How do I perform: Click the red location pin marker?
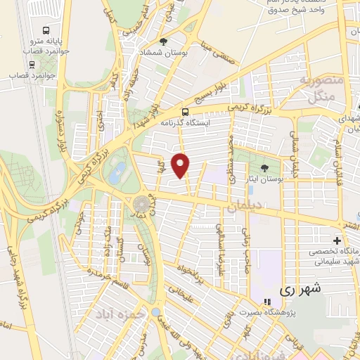point(181,165)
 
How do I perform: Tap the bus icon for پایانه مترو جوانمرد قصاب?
point(46,31)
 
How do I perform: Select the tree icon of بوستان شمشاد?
point(164,41)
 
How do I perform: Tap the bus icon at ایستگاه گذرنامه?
point(185,111)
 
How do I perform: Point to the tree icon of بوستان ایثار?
point(264,167)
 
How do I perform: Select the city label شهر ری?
point(300,288)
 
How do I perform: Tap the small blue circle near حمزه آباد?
point(155,311)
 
